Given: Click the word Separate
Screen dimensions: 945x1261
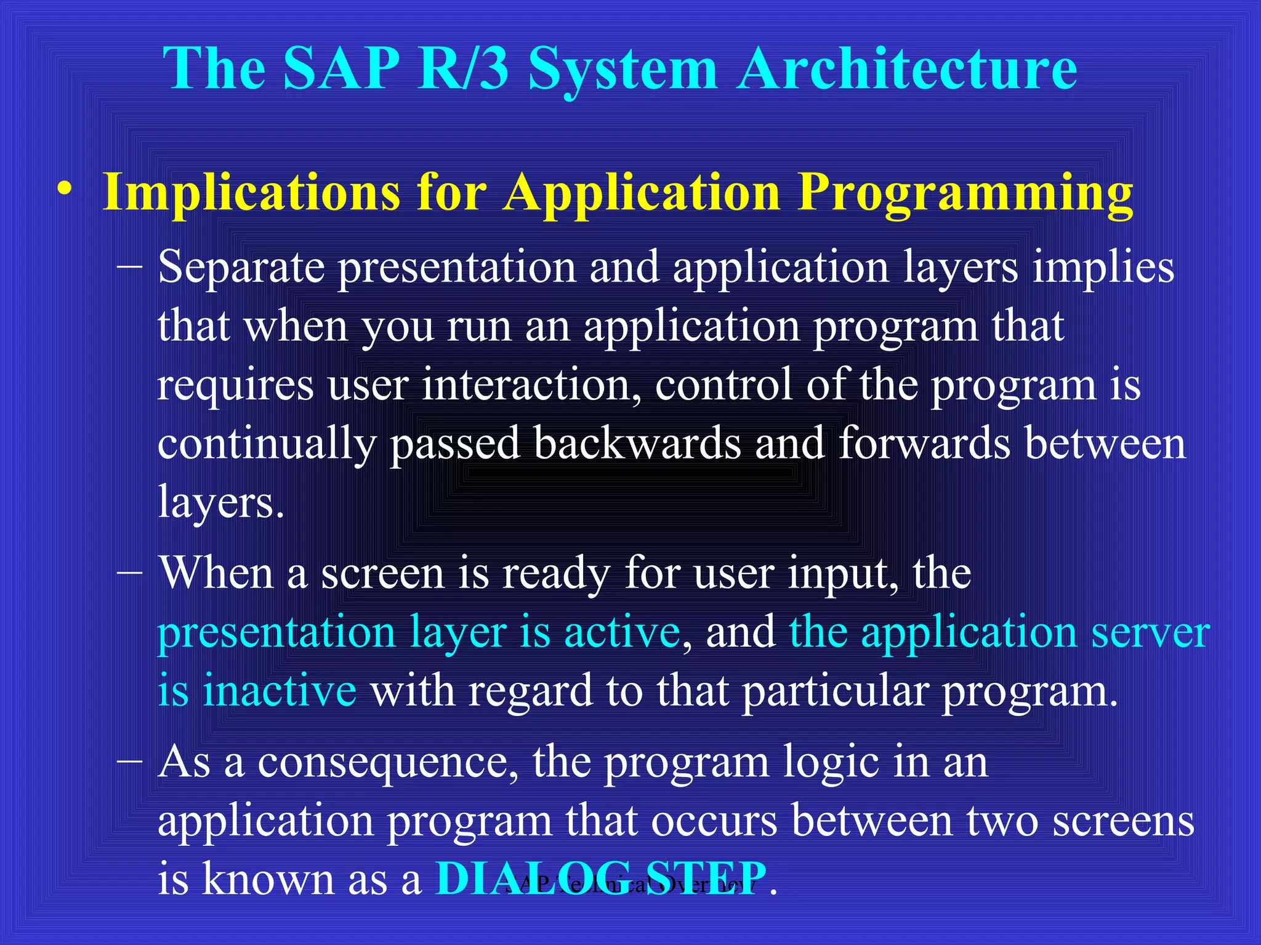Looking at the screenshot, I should click(x=241, y=268).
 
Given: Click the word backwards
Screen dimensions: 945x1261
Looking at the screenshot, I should click(x=637, y=443).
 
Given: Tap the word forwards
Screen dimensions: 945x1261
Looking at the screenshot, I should click(x=924, y=443).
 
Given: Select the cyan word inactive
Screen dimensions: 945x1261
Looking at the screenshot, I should click(x=280, y=690).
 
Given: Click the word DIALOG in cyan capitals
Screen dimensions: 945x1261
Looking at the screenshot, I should click(x=533, y=878).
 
